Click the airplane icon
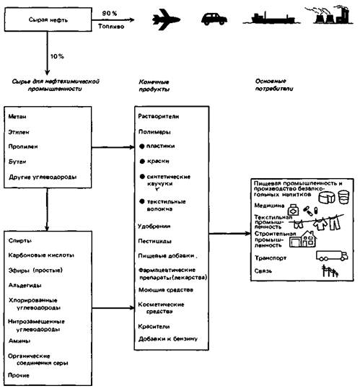166,19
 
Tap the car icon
214,19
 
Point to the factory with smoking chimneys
333,14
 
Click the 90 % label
110,14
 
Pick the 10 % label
57,56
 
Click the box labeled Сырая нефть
48,19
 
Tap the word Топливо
111,26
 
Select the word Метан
17,116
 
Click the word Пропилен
23,146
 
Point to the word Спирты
20,241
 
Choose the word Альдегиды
25,285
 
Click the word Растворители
159,116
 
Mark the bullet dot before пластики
142,146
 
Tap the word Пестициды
155,241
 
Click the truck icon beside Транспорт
332,255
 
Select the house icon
303,239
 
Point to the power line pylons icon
330,271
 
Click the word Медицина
269,206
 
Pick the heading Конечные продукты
154,85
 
